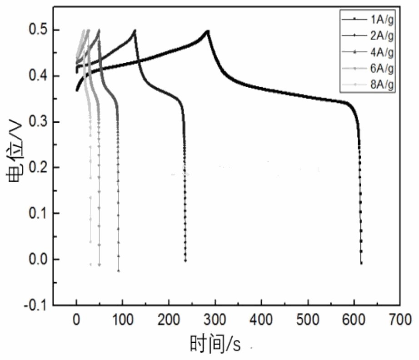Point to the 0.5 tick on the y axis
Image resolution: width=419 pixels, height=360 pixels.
38,30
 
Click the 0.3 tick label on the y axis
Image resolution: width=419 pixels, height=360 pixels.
38,122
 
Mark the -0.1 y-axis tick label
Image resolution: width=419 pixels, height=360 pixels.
36,305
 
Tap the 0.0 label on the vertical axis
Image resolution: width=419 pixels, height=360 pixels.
38,260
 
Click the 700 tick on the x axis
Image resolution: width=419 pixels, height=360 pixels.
400,320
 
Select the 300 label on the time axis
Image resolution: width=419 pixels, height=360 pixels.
215,320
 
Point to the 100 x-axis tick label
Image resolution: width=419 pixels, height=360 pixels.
122,320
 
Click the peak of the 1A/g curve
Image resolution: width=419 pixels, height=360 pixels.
208,30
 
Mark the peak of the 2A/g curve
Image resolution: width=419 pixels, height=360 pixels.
135,30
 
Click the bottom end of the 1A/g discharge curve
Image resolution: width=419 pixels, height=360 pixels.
361,263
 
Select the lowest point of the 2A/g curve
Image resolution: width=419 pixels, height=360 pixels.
185,260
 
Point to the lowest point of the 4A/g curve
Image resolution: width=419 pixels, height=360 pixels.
118,270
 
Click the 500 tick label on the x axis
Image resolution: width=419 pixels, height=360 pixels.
308,320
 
